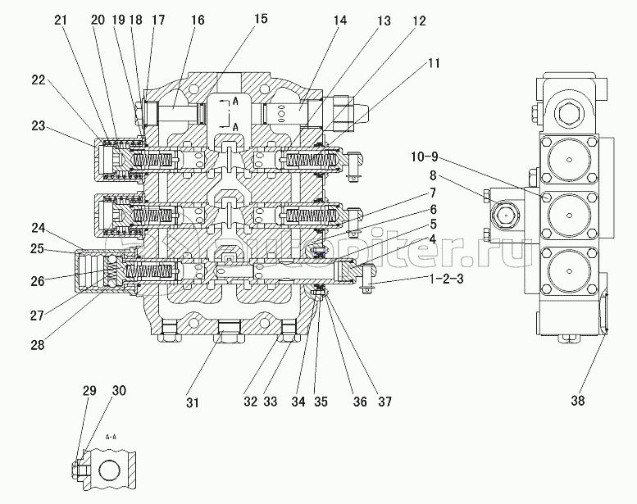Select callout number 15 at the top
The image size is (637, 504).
pos(260,18)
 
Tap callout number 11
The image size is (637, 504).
pos(434,63)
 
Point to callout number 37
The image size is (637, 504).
pos(384,402)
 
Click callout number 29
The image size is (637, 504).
pos(89,391)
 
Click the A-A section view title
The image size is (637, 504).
pos(112,438)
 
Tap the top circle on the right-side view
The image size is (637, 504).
pos(567,159)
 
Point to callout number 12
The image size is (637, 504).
pos(418,22)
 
